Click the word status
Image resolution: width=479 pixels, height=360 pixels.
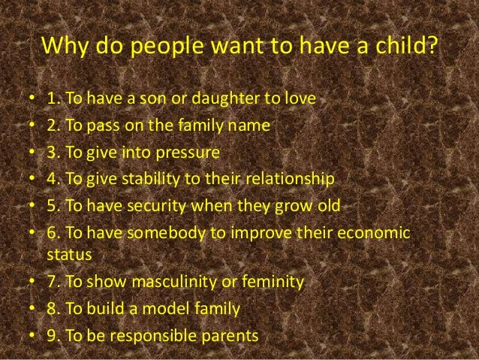click(68, 255)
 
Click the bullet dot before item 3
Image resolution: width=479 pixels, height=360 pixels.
click(30, 153)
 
